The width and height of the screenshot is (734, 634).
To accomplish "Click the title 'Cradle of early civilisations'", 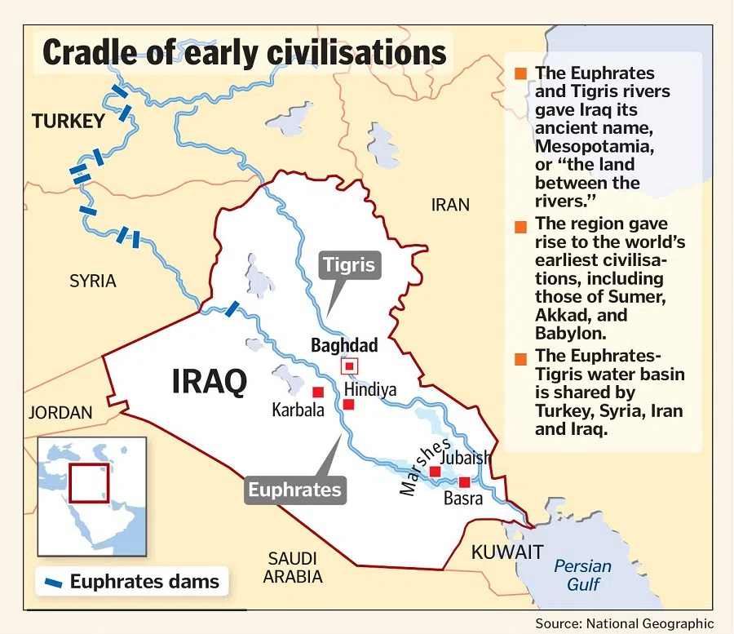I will pyautogui.click(x=244, y=52).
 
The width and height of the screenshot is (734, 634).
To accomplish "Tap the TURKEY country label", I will pyautogui.click(x=69, y=122).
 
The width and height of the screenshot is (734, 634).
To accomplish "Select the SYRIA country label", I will pyautogui.click(x=92, y=282).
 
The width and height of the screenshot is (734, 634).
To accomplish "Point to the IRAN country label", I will pyautogui.click(x=450, y=205).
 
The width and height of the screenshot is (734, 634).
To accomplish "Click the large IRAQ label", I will pyautogui.click(x=209, y=382).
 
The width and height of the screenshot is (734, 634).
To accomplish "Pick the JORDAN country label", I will pyautogui.click(x=60, y=413).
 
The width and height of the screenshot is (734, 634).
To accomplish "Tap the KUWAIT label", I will pyautogui.click(x=506, y=552).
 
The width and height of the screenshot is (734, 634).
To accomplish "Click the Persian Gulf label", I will pyautogui.click(x=582, y=575).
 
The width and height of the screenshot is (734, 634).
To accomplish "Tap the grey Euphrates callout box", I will pyautogui.click(x=294, y=490).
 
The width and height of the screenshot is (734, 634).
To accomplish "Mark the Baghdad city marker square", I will pyautogui.click(x=349, y=366).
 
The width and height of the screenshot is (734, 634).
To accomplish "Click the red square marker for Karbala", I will pyautogui.click(x=318, y=392).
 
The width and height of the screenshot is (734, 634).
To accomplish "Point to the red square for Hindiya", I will pyautogui.click(x=349, y=404).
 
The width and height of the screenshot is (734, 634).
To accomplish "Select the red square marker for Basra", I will pyautogui.click(x=465, y=482).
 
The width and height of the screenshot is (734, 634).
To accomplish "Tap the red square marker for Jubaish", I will pyautogui.click(x=435, y=472).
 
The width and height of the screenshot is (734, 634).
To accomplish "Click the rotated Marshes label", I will pyautogui.click(x=425, y=468).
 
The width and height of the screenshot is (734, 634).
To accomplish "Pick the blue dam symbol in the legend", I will pyautogui.click(x=55, y=583).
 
